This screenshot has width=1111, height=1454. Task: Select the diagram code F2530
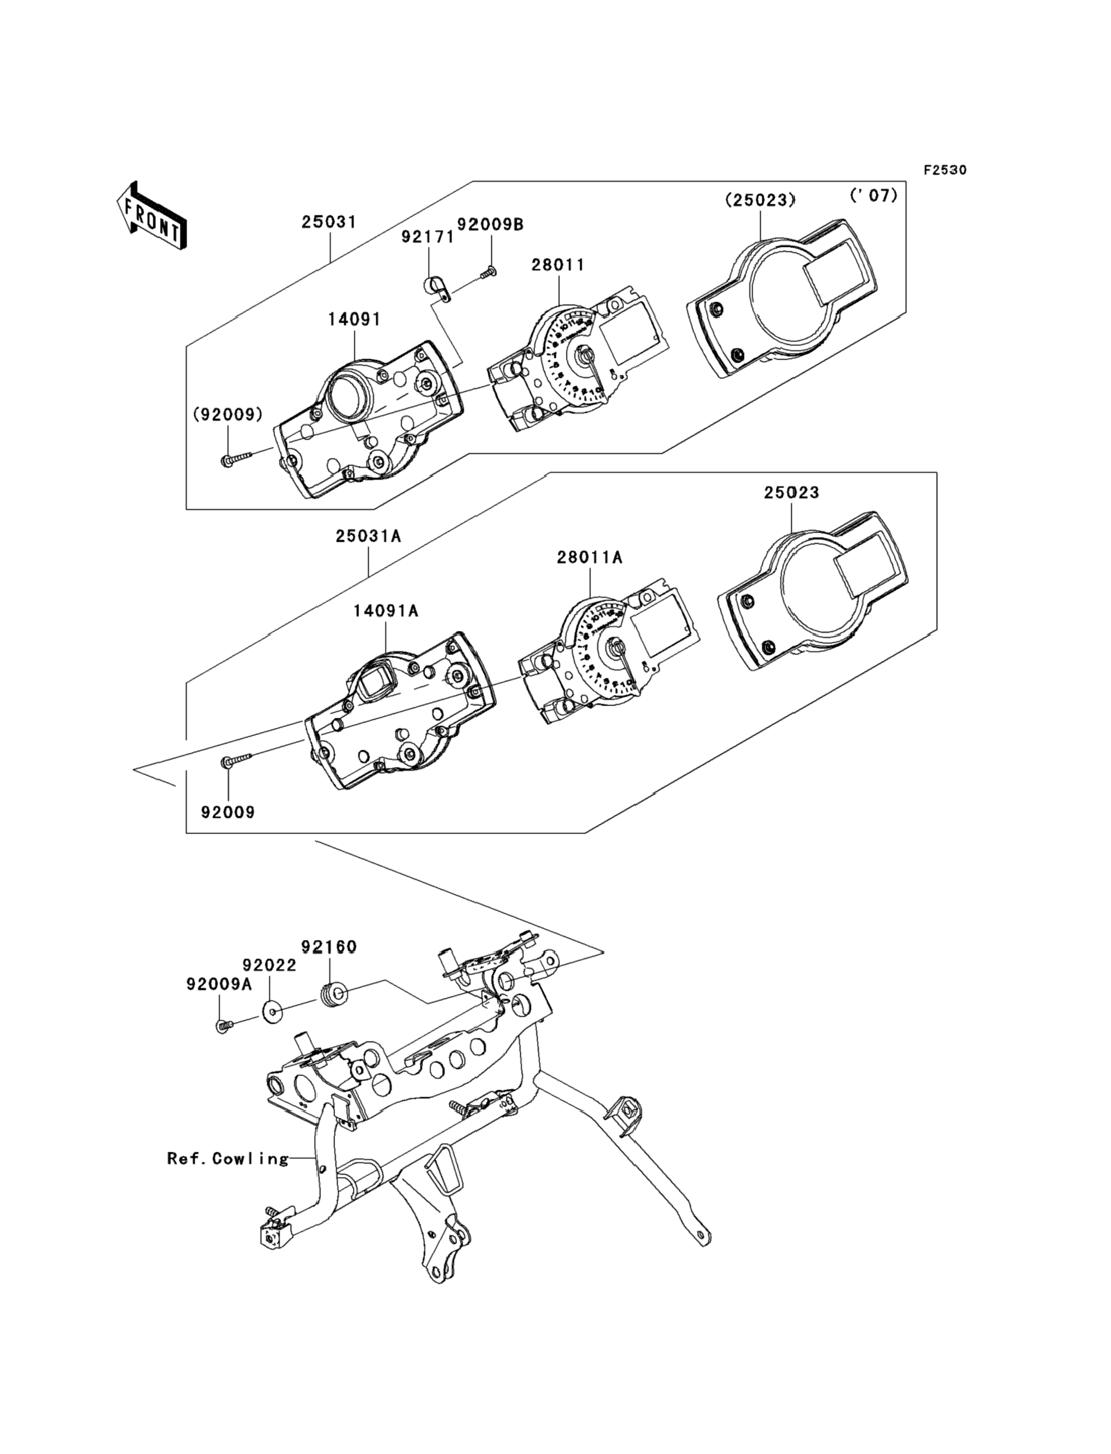pos(945,170)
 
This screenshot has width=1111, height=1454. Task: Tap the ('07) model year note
pos(874,196)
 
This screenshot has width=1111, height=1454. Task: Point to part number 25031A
pos(368,536)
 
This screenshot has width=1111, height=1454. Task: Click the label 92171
pos(428,237)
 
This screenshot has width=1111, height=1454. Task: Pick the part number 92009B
pos(490,225)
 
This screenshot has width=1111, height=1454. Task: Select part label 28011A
pos(589,557)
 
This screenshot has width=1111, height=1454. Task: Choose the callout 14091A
pos(386,611)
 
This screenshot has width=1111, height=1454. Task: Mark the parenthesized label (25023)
pos(761,199)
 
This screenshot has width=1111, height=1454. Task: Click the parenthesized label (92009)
pos(227,414)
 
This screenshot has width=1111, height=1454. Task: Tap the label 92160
pos(329,947)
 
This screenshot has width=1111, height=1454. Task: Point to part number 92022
pos(269,966)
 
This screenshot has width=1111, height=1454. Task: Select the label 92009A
pos(219,985)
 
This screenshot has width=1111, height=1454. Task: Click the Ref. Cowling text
pos(228,1159)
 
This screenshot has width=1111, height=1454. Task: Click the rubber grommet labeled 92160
pos(333,994)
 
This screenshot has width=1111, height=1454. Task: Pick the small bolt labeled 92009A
pos(223,1026)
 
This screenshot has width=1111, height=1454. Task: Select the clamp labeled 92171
pos(436,289)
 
